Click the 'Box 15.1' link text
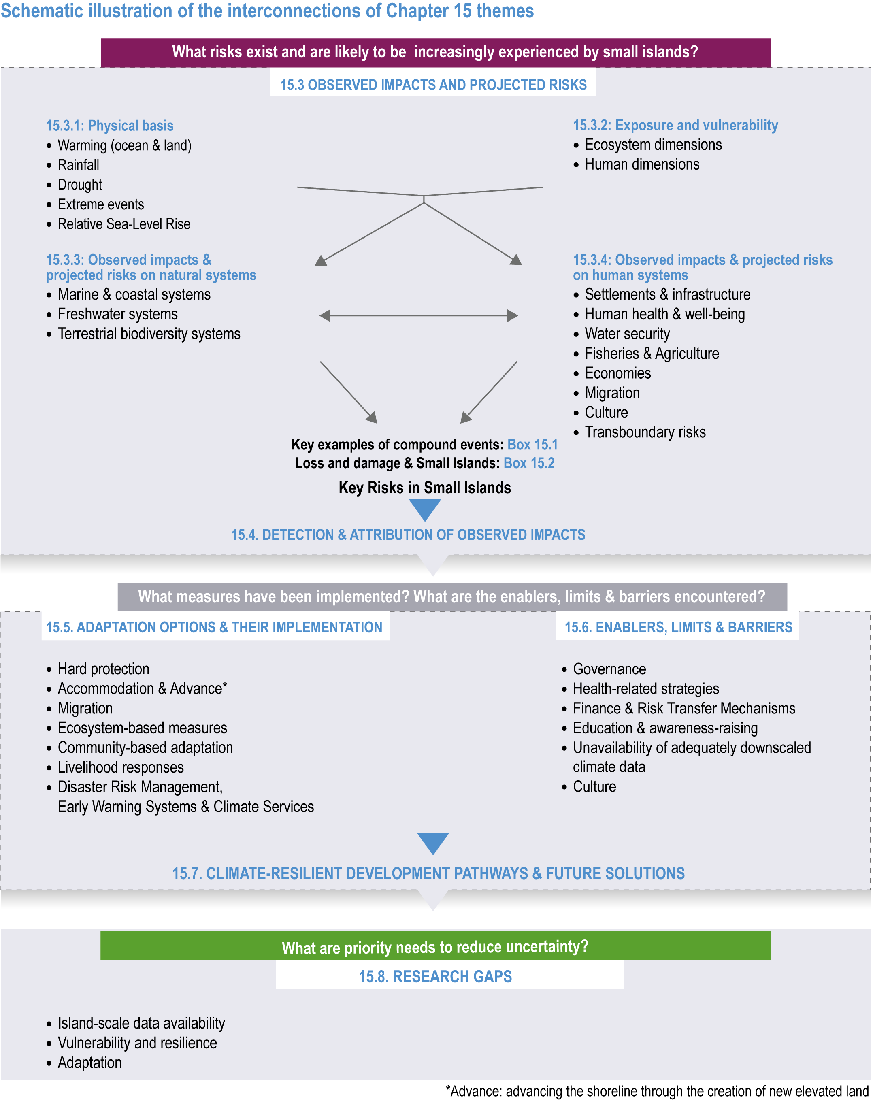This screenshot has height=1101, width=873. coord(532,445)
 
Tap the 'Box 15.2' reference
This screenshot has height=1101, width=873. coord(529,463)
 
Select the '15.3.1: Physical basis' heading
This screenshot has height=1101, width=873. coord(110,126)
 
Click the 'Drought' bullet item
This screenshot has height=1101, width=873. coord(80,184)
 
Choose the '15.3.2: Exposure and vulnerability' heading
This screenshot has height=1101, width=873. coord(675,125)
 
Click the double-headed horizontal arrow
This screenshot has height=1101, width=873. coord(419,315)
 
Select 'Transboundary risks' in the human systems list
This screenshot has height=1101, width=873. coord(645,432)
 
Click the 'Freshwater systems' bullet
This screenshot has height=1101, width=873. coord(117,314)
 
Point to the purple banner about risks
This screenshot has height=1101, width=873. coord(435,53)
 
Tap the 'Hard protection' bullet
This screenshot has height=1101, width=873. coord(104,669)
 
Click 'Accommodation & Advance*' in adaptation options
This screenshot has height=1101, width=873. coord(143,688)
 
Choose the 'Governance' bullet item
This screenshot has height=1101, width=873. coord(609,669)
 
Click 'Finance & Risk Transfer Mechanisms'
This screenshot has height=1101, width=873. coord(684,708)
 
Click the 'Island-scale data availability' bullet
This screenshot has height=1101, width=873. coord(141,1023)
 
